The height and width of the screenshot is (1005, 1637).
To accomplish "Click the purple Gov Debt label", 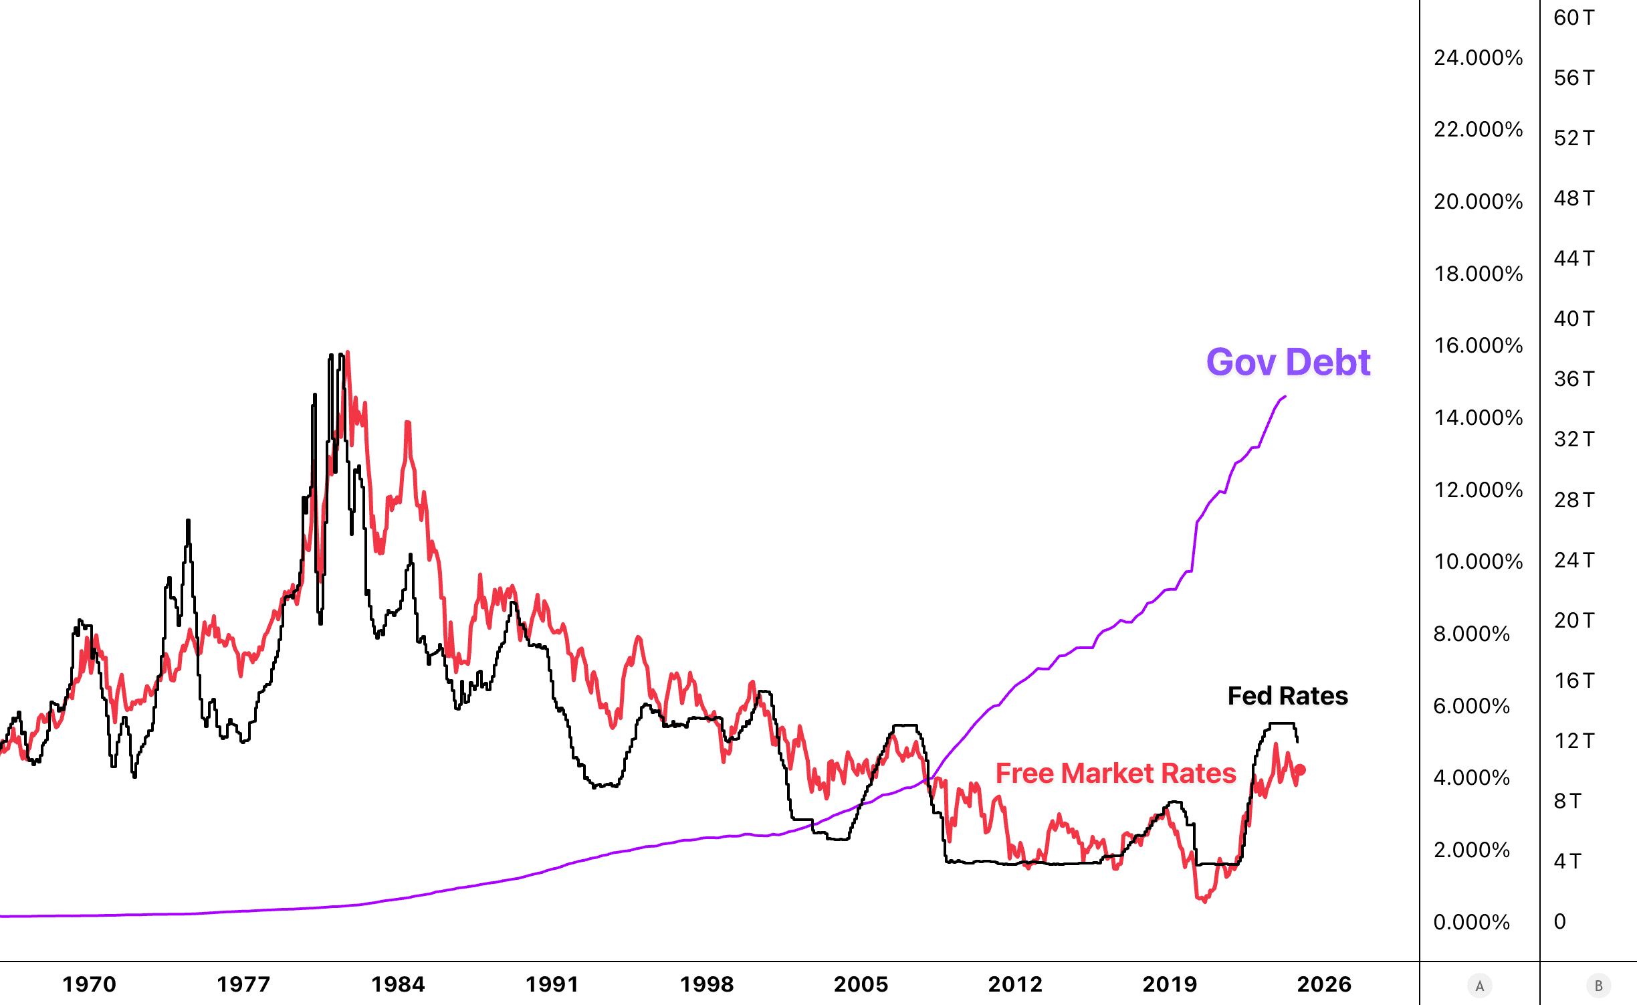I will coord(1288,363).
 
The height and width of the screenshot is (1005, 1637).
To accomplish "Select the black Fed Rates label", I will coord(1287,696).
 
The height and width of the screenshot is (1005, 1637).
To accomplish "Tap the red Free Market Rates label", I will coord(1115,773).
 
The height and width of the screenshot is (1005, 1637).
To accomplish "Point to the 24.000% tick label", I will coord(1478,58).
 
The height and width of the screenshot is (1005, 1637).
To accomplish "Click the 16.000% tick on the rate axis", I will coord(1478,346).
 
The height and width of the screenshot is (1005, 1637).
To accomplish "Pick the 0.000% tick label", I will coord(1471,922).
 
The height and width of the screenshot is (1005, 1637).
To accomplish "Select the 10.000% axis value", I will coord(1478,561).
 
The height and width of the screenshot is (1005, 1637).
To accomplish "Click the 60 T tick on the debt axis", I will coord(1573,18).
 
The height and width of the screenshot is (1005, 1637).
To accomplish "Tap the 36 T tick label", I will coord(1573,379).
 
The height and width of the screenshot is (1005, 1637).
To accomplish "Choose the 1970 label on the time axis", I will coord(89,984).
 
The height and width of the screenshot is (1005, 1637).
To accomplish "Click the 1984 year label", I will coord(398,984).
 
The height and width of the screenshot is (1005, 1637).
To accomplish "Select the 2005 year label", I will coord(861,984).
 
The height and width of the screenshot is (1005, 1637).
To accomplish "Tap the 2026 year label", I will coord(1324,984).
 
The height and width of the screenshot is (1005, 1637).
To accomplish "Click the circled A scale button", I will coord(1479,986).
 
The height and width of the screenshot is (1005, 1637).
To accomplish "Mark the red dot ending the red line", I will coord(1300,770).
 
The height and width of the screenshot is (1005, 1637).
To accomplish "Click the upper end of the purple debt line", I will coord(1285,397).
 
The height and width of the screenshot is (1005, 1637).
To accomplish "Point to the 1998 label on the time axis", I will coord(707,984).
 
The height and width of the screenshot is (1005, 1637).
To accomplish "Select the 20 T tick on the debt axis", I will coord(1573,620).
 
